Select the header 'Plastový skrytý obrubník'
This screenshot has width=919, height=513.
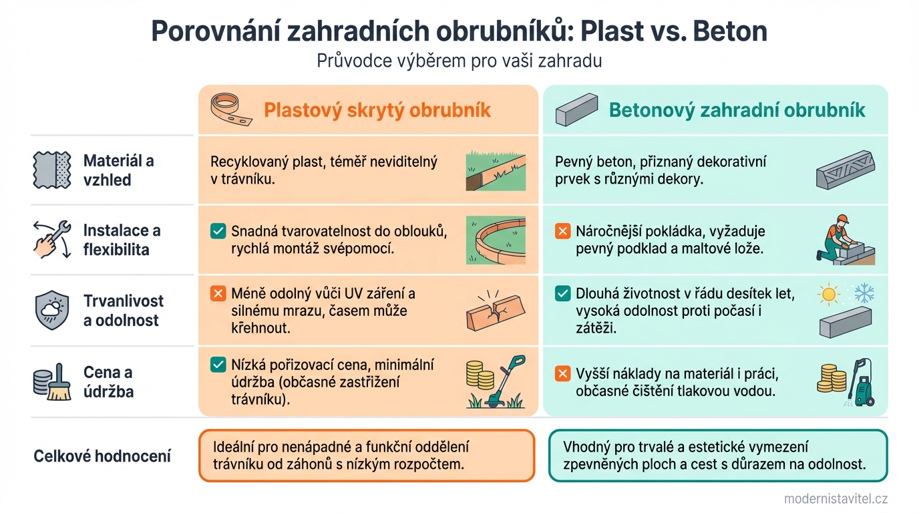point(377,110)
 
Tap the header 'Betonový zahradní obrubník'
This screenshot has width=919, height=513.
point(737,110)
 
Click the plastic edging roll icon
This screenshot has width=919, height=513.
point(230,109)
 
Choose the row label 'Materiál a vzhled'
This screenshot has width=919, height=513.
point(118,170)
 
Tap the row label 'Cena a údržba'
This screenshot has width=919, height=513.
point(108,381)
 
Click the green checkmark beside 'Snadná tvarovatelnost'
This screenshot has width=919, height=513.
point(218,232)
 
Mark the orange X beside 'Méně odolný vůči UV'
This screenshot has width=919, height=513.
point(218,293)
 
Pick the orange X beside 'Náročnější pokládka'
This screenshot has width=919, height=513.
point(563,232)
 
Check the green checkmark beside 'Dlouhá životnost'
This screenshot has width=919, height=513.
point(563,293)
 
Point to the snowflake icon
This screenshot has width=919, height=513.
point(864,294)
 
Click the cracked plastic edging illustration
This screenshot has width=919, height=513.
point(494,313)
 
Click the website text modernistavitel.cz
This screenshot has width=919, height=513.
point(836,498)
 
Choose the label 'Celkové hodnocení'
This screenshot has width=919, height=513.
point(102,457)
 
